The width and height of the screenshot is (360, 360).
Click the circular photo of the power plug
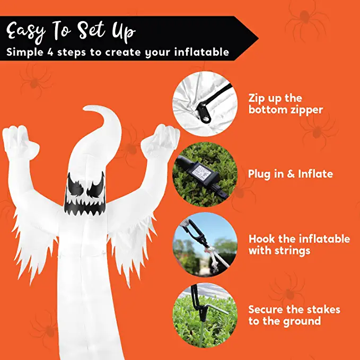point(204,173)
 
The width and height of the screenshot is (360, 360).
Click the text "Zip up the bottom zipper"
point(285,104)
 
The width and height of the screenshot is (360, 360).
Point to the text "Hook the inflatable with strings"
point(299,244)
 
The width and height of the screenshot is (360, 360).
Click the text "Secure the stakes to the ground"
point(294,315)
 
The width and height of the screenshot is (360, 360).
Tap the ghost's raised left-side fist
point(16,137)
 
